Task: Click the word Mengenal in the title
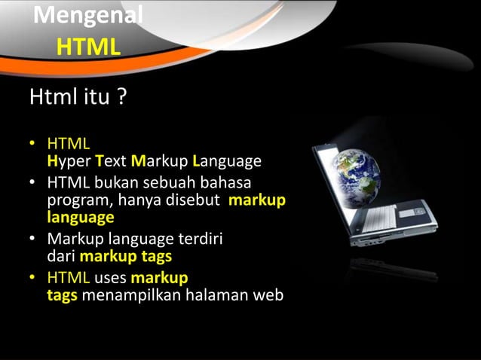(x=88, y=14)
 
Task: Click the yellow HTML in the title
(x=88, y=47)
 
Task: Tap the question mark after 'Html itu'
(x=121, y=98)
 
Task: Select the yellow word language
(x=81, y=218)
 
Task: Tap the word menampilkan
(x=133, y=295)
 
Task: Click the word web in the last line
(x=268, y=295)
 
